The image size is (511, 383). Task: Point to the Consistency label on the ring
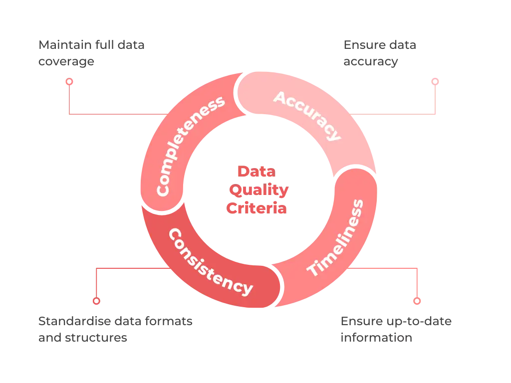210,262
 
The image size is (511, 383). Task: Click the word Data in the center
256,172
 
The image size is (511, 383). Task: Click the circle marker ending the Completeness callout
69,81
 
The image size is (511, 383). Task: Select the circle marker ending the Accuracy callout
435,80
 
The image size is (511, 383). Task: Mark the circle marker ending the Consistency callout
96,301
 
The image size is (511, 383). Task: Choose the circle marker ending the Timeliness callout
417,301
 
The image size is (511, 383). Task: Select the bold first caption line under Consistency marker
115,322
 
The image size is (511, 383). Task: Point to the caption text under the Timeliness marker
396,329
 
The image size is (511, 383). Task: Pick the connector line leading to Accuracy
399,114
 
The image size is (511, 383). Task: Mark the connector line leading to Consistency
130,269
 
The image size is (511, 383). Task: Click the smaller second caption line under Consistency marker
82,339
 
